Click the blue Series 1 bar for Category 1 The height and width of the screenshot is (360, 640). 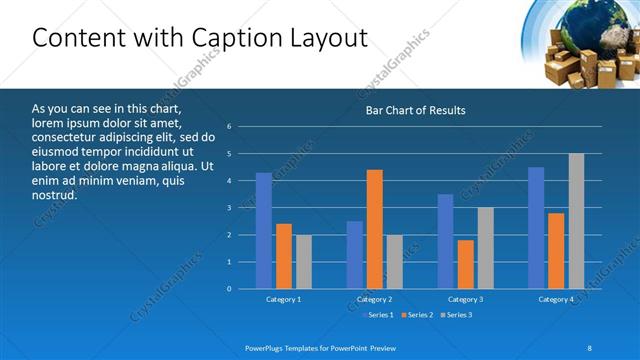264,231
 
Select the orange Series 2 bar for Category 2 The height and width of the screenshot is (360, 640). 374,229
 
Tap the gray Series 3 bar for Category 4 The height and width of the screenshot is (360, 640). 576,221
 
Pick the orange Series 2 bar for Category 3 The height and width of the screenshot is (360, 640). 465,264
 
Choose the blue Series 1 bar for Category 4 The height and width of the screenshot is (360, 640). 536,228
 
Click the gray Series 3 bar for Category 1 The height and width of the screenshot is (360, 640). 303,262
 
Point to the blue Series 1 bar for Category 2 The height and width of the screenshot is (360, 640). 355,255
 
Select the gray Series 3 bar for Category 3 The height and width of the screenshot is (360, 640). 485,248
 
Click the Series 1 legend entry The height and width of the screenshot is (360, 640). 379,315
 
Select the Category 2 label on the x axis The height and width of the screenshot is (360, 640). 374,299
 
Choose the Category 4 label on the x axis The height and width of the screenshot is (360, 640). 556,299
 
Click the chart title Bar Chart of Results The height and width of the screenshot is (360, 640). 415,110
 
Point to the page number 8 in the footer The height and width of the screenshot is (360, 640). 588,347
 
